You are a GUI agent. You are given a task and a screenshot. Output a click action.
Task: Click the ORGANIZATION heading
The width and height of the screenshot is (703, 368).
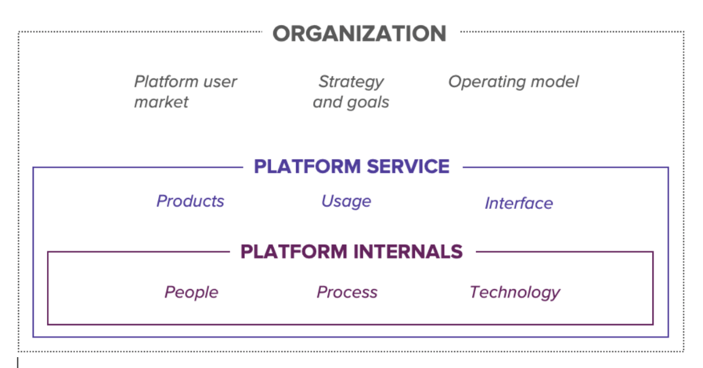coord(359,34)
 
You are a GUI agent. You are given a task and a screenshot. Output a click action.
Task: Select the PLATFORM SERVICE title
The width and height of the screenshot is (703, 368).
coord(351,166)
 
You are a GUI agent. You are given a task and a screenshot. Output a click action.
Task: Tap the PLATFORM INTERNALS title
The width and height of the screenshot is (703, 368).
coord(351,251)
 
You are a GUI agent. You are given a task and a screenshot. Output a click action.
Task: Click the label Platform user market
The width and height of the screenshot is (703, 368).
coord(186,92)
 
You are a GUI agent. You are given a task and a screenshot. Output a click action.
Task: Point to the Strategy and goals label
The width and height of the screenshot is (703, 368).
coord(351,92)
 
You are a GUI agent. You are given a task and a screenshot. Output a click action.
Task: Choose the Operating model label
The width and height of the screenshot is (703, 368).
coord(514,82)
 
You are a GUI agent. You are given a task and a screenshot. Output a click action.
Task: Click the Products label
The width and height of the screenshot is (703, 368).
coord(190,200)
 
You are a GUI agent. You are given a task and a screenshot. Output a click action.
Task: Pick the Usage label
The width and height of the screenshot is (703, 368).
coord(346,201)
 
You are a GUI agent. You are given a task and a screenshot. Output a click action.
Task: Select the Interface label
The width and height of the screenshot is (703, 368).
coord(519,203)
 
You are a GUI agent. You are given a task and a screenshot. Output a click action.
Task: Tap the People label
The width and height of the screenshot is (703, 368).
coord(192,292)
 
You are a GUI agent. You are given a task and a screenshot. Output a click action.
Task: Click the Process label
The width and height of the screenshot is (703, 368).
coord(347,292)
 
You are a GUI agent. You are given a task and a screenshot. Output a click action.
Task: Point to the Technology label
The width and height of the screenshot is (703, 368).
coord(514,292)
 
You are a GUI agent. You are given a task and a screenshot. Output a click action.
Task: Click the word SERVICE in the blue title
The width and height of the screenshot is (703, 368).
coord(408,166)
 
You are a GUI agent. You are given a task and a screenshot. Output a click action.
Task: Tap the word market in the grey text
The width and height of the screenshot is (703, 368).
coord(161,103)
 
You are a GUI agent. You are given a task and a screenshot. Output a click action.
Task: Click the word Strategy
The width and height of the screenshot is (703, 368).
coord(351,82)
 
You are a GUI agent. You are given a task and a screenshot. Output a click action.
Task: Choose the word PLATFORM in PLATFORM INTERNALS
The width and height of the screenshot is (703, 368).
coord(294,251)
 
